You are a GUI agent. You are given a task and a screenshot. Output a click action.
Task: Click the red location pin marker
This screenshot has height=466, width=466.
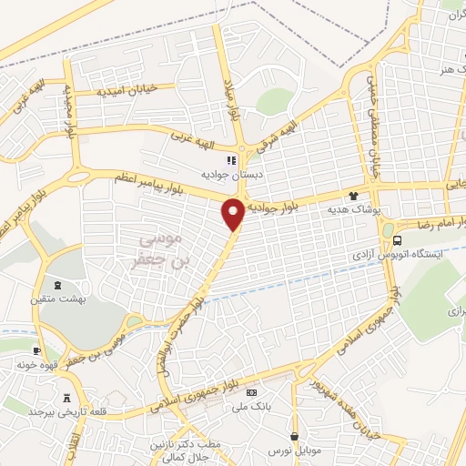point(233,213)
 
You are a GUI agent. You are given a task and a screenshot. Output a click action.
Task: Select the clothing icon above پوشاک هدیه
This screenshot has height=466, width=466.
point(354,195)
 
